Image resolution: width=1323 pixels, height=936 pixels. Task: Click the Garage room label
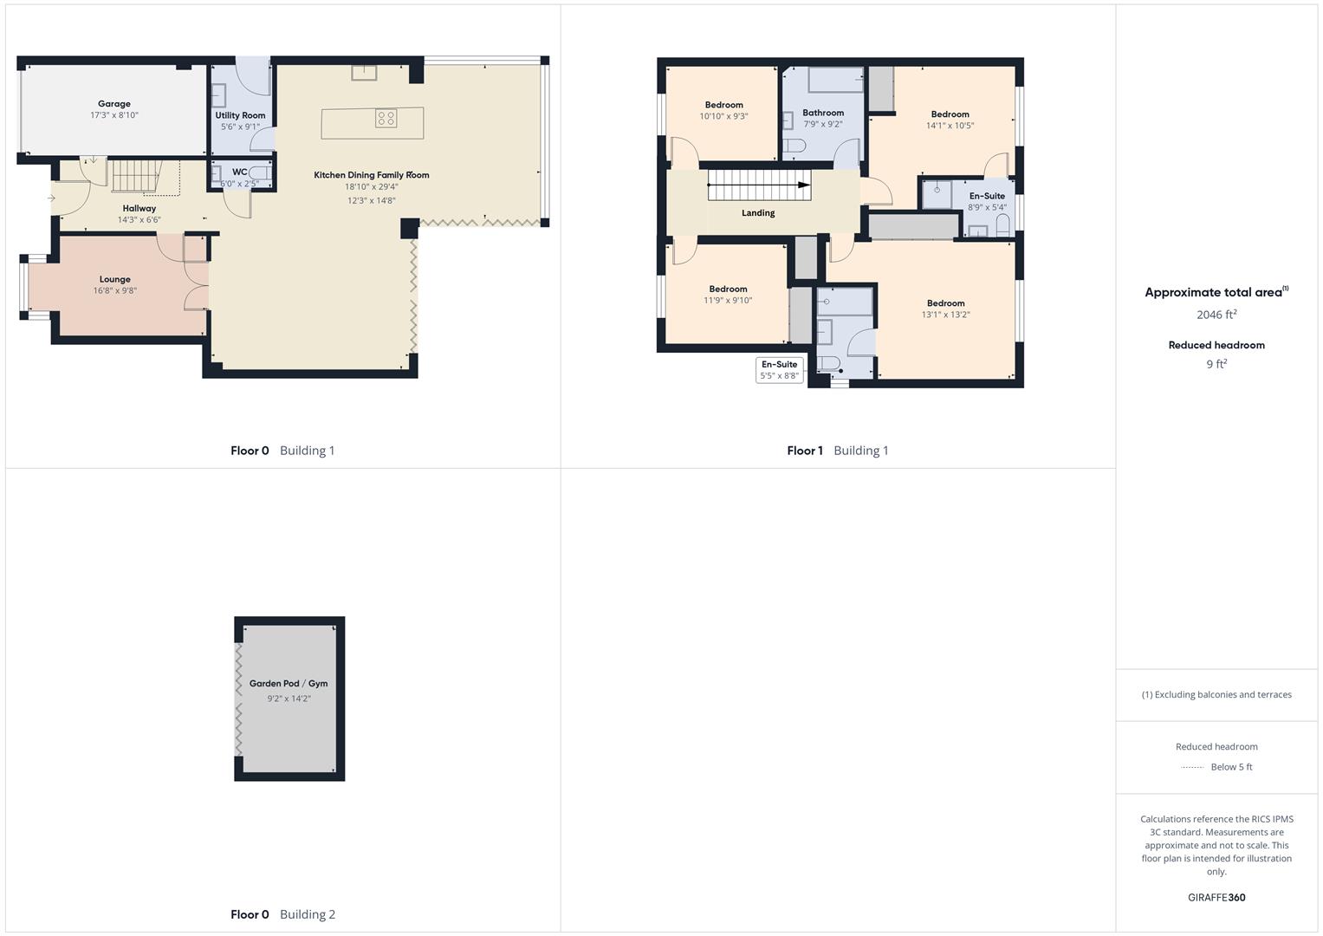pos(114,104)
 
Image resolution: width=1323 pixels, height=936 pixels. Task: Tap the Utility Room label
pos(240,115)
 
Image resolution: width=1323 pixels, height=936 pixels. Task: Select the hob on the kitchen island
pos(386,118)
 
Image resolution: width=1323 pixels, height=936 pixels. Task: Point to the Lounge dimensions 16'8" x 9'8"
pos(115,291)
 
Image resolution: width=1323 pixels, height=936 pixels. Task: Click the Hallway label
pos(139,209)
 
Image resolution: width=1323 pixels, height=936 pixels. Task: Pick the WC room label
pos(240,172)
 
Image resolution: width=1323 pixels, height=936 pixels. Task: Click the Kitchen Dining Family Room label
pos(371,175)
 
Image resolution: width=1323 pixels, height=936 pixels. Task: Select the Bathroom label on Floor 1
pos(823,113)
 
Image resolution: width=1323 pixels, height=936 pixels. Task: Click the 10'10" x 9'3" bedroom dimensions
pos(723,116)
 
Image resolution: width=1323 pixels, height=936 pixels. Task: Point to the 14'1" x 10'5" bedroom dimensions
pos(950,126)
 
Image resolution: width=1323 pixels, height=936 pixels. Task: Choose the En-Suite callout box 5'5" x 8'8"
pos(779,370)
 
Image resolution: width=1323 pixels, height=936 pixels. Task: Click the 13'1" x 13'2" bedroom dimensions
pos(945,315)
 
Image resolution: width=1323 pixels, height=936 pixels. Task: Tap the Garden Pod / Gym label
pos(289,684)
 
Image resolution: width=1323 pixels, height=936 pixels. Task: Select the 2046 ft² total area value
pos(1216,315)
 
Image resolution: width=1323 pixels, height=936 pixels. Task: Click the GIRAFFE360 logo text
pos(1216,898)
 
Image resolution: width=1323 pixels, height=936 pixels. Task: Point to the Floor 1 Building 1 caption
pos(837,451)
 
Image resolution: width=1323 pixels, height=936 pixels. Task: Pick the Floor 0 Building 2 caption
pos(282,914)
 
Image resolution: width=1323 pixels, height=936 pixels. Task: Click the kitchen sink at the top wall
pos(364,72)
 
